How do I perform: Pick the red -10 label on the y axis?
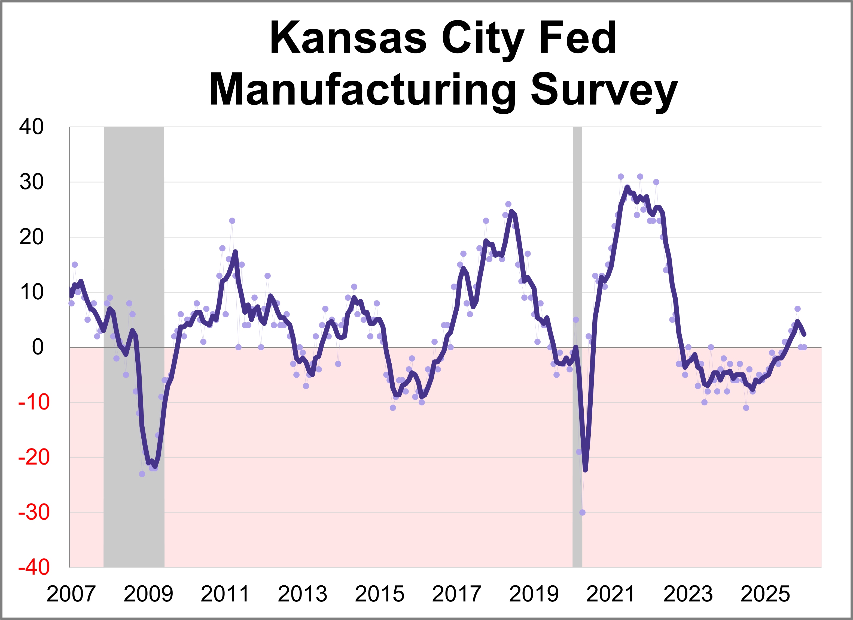[34, 402]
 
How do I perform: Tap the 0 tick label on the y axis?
[38, 347]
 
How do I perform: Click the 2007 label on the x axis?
[71, 594]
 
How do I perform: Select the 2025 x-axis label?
[765, 594]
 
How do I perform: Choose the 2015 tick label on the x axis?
[379, 594]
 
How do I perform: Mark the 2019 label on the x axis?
[534, 594]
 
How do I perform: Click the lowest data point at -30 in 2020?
[582, 512]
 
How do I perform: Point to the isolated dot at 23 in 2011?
[232, 221]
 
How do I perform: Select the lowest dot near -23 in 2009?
[142, 474]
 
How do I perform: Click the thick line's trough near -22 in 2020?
[585, 470]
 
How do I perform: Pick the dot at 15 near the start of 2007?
[75, 265]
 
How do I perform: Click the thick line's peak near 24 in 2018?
[511, 212]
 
